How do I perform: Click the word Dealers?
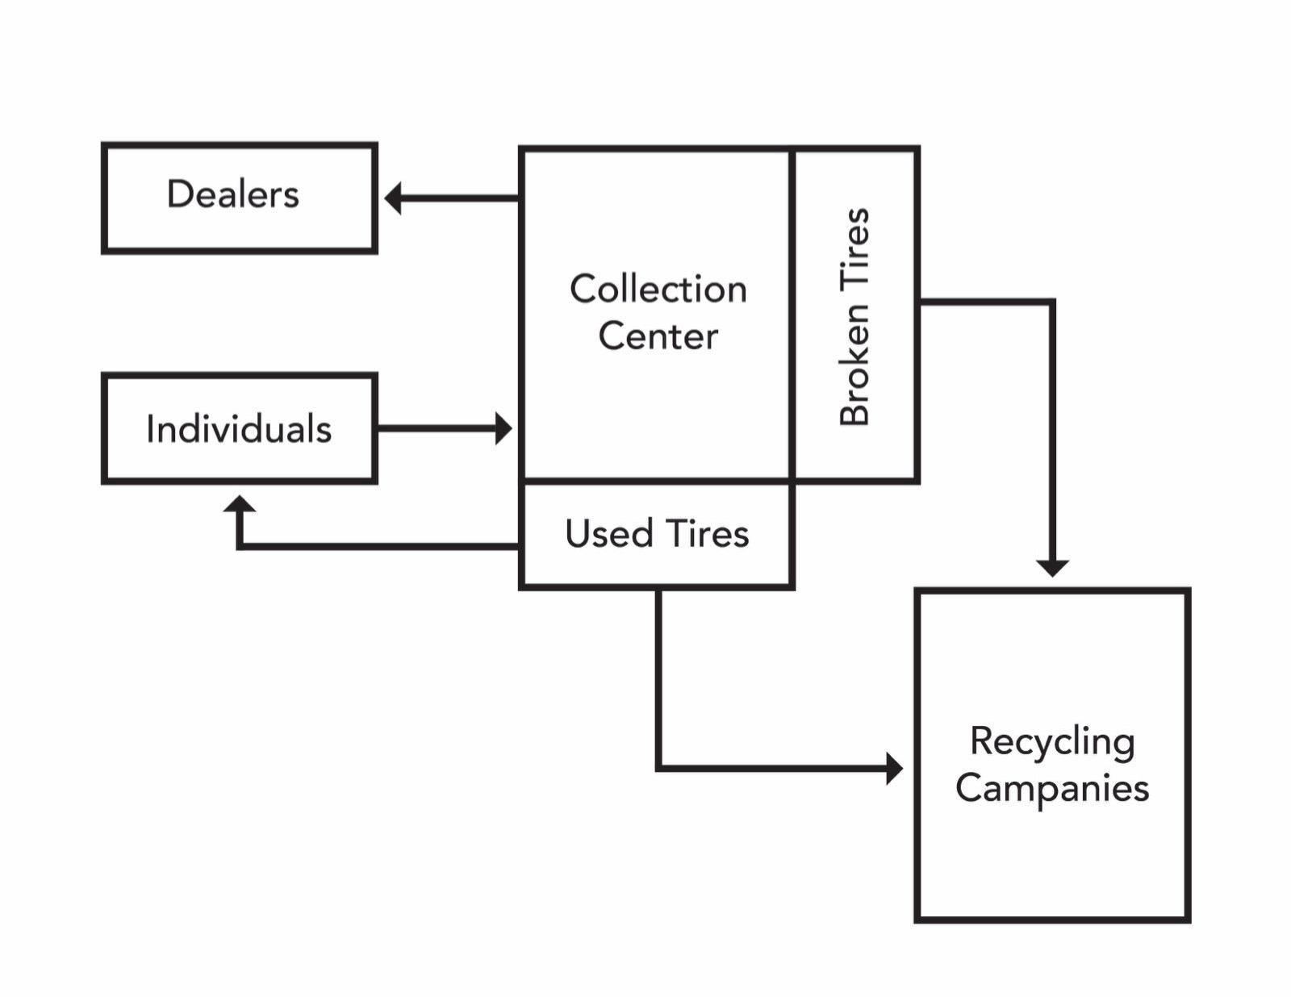(x=232, y=194)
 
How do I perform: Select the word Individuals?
(x=239, y=429)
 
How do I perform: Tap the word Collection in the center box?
(x=658, y=289)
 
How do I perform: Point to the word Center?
(x=658, y=336)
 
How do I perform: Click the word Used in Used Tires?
(x=608, y=534)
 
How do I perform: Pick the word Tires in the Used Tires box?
(x=707, y=534)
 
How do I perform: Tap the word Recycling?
(x=1052, y=741)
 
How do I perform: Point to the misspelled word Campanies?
(x=1052, y=788)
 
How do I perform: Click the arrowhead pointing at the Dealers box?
(x=393, y=198)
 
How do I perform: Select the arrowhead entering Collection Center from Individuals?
(x=503, y=428)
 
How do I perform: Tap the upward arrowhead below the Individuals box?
(x=240, y=504)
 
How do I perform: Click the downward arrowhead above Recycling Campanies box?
(x=1052, y=568)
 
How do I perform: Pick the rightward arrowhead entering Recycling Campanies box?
(x=894, y=768)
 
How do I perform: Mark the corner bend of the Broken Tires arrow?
(x=1052, y=302)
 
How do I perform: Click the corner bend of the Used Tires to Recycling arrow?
(x=659, y=768)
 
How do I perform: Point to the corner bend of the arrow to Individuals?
(x=240, y=546)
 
